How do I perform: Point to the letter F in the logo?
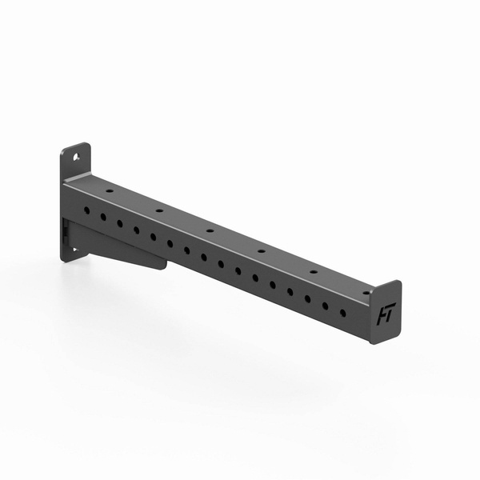(381, 315)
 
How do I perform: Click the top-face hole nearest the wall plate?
(109, 192)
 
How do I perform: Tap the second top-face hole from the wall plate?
(159, 211)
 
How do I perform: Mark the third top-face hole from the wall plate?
(210, 230)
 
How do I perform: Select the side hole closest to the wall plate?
(86, 210)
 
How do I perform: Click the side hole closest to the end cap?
(342, 312)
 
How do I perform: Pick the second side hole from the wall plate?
(102, 216)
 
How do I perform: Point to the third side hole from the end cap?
(307, 298)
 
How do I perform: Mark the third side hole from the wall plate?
(119, 223)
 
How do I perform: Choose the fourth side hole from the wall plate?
(136, 230)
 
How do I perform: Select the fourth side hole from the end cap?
(290, 291)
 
